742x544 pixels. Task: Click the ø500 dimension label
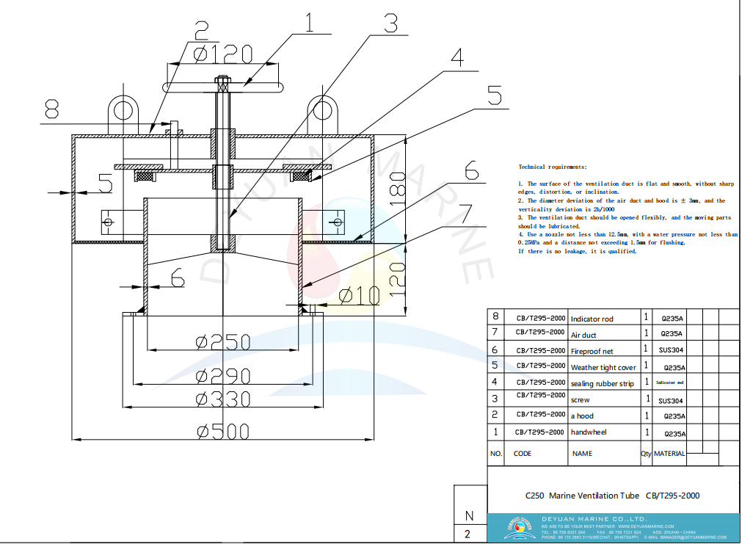pos(223,431)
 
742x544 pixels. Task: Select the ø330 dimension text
pos(223,399)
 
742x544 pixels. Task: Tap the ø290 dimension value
pos(223,376)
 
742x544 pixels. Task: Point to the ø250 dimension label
pos(223,342)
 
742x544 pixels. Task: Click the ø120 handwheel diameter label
pos(223,54)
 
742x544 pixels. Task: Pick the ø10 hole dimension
pos(360,295)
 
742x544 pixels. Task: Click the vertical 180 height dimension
pos(397,189)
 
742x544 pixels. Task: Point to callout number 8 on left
pos(50,110)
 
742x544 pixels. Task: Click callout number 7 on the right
pos(464,214)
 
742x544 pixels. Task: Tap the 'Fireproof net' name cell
pos(594,351)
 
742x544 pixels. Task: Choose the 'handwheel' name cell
pos(589,432)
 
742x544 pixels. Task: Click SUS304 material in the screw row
pos(671,401)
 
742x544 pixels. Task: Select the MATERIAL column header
pos(669,454)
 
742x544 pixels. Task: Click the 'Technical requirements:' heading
pos(553,167)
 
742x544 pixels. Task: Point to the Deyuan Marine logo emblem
pos(517,527)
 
